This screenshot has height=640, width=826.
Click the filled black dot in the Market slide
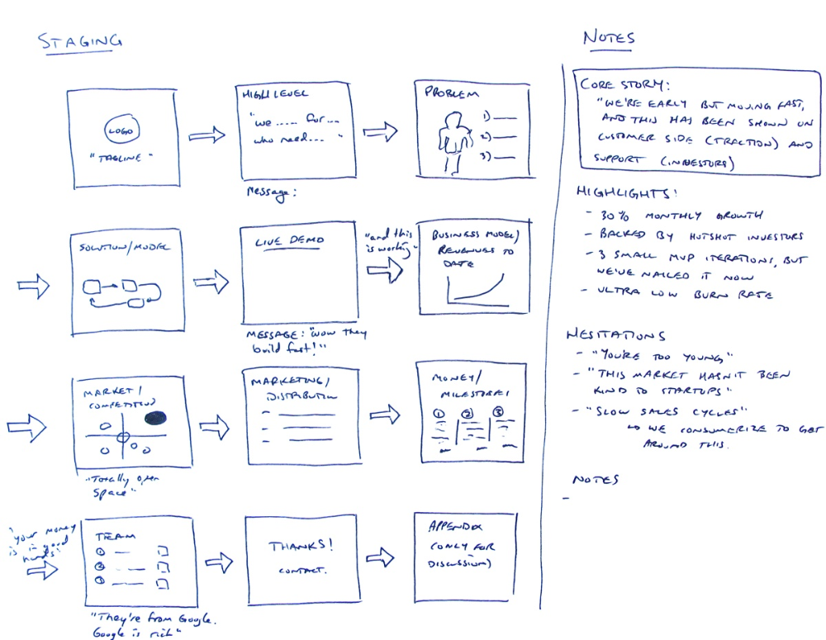click(x=156, y=419)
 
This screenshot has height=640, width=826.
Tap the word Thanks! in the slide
click(x=300, y=546)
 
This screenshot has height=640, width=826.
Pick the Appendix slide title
click(x=454, y=526)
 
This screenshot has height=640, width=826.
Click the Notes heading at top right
click(x=609, y=38)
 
